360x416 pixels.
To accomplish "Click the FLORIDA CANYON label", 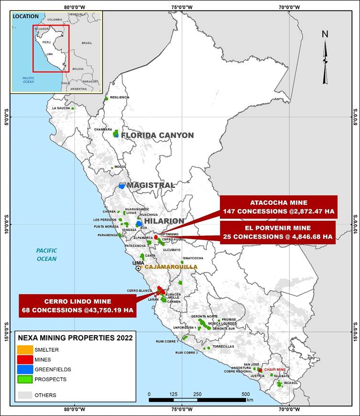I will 157,135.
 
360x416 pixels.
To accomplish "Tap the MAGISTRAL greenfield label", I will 151,185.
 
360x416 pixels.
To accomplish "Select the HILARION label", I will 164,221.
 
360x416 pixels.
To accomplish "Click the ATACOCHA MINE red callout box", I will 278,207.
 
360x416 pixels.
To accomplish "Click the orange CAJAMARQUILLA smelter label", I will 171,267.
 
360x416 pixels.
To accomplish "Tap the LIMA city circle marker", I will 138,268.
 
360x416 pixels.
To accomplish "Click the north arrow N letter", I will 325,34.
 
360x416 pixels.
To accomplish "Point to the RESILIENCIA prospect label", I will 120,97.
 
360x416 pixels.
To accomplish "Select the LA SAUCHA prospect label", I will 61,108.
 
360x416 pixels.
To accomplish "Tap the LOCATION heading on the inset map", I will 26,16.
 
